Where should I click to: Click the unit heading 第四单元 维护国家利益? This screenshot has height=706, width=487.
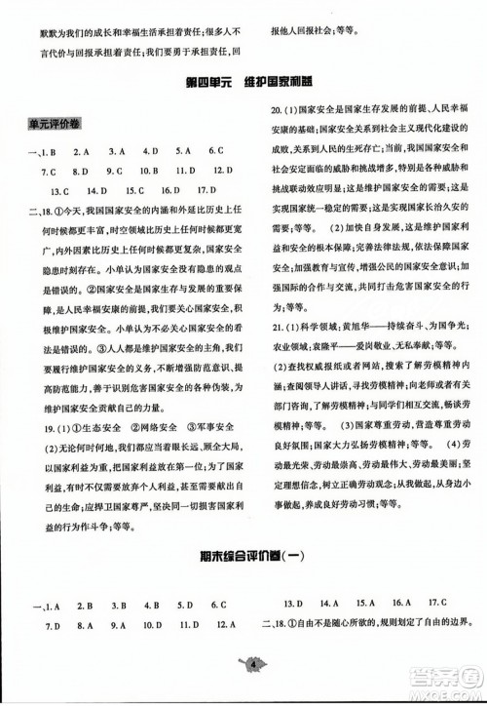[243, 83]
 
